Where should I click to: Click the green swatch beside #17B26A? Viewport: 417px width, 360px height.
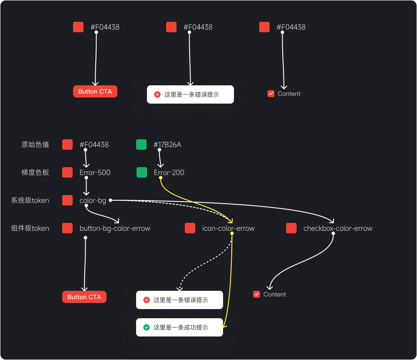pos(141,145)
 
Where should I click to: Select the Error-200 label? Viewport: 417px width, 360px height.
pos(169,173)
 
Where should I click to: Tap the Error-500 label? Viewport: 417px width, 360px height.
pos(95,173)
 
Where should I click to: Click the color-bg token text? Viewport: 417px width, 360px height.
pos(93,201)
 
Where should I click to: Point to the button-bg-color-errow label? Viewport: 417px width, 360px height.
pos(115,229)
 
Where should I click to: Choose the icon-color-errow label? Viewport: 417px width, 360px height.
pos(228,229)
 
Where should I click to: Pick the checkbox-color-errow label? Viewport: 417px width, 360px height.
pos(338,229)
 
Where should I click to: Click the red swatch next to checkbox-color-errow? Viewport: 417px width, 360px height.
pos(291,228)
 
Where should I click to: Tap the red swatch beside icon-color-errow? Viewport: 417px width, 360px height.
pos(190,228)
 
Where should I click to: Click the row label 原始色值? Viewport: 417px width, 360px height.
pos(35,145)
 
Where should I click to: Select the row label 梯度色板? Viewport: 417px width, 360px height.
pos(35,173)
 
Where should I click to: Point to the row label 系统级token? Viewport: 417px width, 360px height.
pos(30,201)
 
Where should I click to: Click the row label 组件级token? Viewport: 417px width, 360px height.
pos(30,229)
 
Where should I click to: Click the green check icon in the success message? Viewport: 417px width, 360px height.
pos(147,327)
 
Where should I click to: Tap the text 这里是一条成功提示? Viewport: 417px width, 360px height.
pos(180,328)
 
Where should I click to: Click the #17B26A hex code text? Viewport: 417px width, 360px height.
pos(167,145)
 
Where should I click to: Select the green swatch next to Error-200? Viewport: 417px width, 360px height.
pos(142,172)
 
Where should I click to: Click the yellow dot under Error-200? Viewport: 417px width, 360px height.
pos(160,178)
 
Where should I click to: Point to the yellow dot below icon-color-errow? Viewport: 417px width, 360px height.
pos(232,234)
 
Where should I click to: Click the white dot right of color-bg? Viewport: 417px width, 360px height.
pos(110,200)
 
